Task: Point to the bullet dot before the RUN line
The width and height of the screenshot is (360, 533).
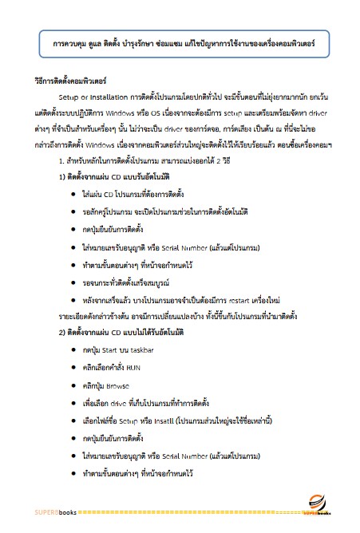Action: pyautogui.click(x=74, y=368)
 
